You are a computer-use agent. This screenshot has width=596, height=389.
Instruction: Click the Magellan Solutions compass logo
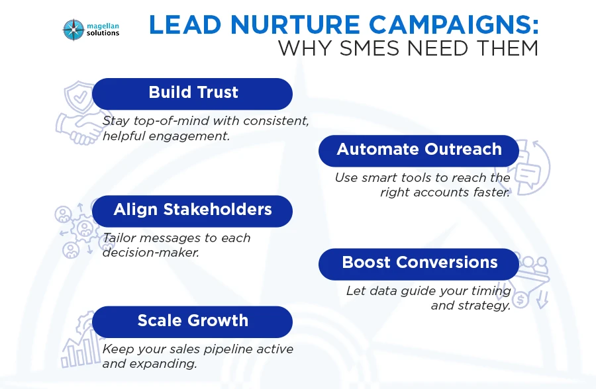tap(73, 29)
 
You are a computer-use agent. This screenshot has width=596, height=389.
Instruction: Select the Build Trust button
tap(193, 93)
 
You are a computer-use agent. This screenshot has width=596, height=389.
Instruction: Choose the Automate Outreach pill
tap(419, 150)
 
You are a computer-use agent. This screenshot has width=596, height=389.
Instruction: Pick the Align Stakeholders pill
tap(193, 210)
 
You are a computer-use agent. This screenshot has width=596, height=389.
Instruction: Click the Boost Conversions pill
tap(419, 263)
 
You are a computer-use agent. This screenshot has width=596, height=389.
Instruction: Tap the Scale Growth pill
tap(193, 321)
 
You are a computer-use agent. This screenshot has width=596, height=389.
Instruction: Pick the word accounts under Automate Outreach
tap(450, 193)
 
